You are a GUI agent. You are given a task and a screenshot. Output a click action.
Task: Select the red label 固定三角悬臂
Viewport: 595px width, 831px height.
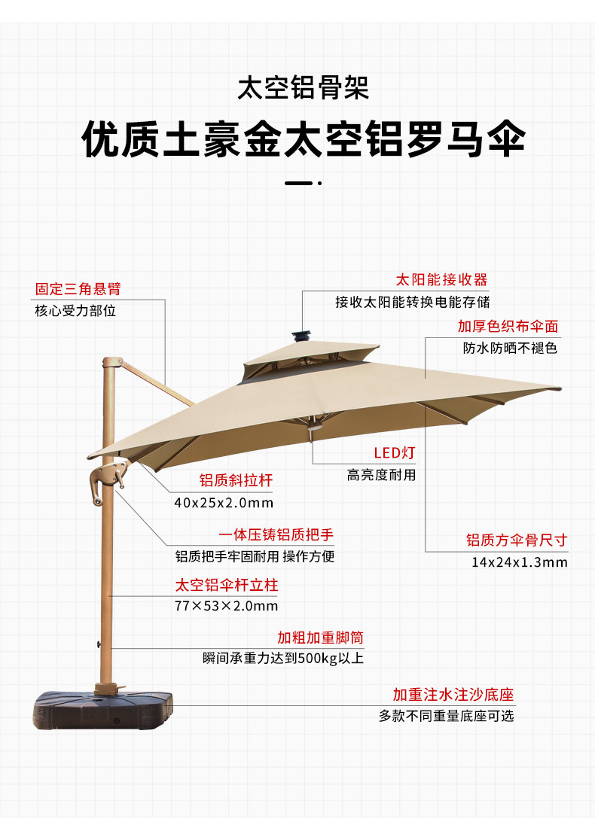(78, 288)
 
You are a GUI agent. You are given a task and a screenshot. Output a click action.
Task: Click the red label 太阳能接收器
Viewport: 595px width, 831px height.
(441, 280)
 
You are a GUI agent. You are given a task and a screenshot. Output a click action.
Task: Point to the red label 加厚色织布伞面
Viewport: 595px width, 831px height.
(508, 327)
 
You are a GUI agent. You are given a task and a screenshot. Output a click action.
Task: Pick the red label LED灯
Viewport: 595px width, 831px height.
(394, 452)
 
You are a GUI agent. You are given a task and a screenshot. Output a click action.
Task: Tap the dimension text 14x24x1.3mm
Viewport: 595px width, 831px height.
(519, 562)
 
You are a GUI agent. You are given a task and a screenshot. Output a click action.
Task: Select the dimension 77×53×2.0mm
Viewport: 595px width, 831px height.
(226, 606)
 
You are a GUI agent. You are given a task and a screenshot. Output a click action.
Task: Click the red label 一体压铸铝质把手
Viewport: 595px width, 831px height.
(276, 535)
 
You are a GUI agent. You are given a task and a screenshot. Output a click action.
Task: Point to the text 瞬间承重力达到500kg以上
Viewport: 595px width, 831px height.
(283, 659)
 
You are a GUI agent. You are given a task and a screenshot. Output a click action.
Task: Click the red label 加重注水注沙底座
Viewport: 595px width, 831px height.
(453, 694)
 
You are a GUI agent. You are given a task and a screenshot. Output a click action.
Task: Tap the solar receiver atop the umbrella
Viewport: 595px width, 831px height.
(302, 335)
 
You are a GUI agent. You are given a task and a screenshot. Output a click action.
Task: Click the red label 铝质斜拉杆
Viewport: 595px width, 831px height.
(235, 480)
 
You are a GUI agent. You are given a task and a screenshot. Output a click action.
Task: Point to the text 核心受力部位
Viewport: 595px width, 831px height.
(75, 310)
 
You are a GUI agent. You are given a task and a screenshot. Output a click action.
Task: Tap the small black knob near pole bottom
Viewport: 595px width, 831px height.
(97, 644)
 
